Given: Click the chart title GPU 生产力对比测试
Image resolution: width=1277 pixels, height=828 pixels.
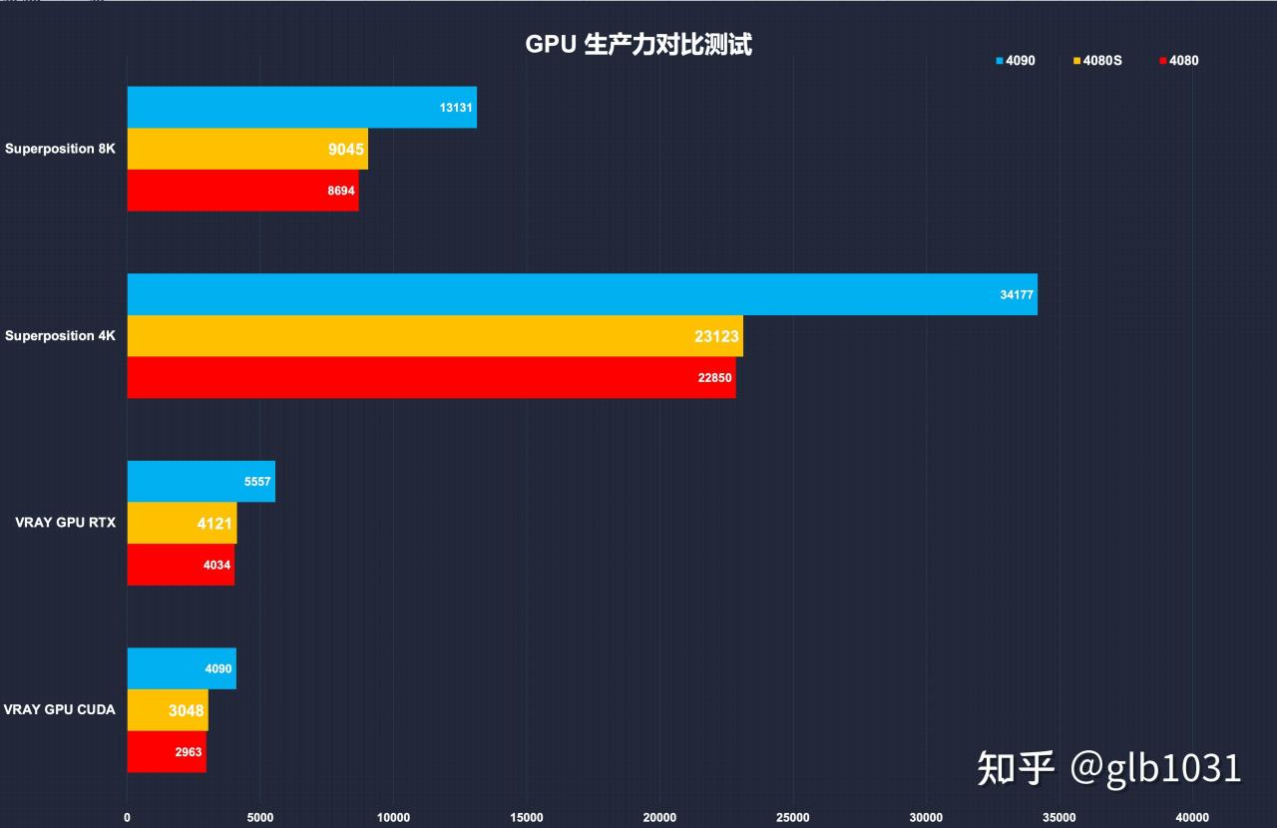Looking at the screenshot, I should click(x=638, y=45).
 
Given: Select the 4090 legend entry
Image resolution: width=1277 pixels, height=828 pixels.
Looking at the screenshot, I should click(x=1016, y=61).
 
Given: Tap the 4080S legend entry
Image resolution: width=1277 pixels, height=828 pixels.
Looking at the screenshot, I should click(x=1097, y=61).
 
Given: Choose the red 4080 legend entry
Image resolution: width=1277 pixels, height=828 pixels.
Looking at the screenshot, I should click(x=1179, y=61).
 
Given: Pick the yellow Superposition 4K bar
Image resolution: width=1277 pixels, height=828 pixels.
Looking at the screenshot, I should click(x=434, y=336).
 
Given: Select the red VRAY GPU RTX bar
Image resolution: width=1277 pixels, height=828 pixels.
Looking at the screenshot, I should click(x=181, y=565).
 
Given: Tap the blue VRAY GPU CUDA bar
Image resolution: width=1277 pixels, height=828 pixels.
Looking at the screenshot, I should click(x=181, y=668).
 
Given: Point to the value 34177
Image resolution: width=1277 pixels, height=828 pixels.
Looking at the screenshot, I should click(x=1017, y=295).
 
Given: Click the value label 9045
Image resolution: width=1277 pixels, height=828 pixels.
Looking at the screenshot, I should click(x=347, y=150).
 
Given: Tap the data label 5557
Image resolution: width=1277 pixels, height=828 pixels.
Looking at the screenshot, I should click(x=257, y=482).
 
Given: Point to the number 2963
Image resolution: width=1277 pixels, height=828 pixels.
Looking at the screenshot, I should click(x=189, y=752).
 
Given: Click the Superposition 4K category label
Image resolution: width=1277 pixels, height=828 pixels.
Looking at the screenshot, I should click(x=60, y=336).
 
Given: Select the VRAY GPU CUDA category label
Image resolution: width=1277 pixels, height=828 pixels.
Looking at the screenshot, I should click(x=59, y=710).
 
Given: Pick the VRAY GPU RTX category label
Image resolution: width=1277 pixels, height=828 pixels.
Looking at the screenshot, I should click(x=65, y=523).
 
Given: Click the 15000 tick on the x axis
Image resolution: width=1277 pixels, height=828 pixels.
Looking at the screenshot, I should click(x=527, y=818).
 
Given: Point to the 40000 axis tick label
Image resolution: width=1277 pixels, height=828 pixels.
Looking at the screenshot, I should click(x=1192, y=818).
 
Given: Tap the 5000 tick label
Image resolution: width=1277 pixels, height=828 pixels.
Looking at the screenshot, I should click(x=260, y=818).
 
